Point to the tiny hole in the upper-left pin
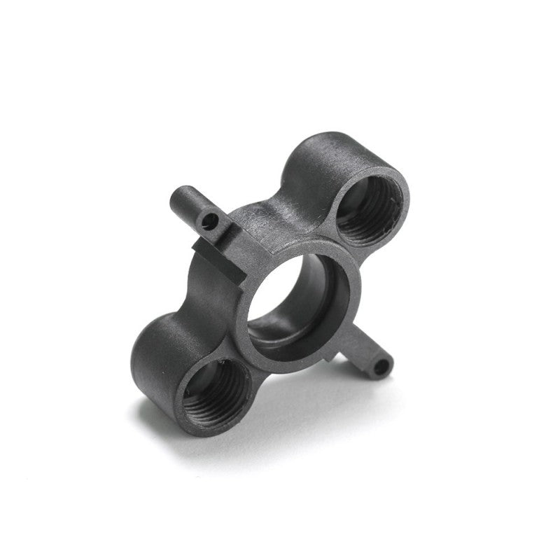(x=207, y=223)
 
